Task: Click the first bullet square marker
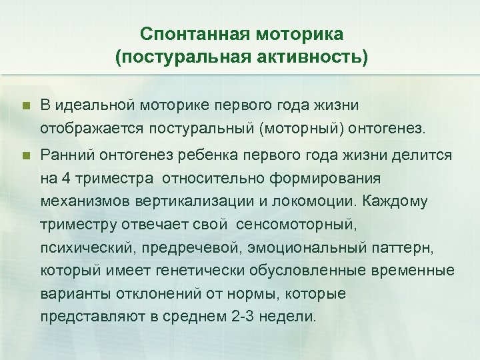(x=26, y=106)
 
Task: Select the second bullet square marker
(x=26, y=155)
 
